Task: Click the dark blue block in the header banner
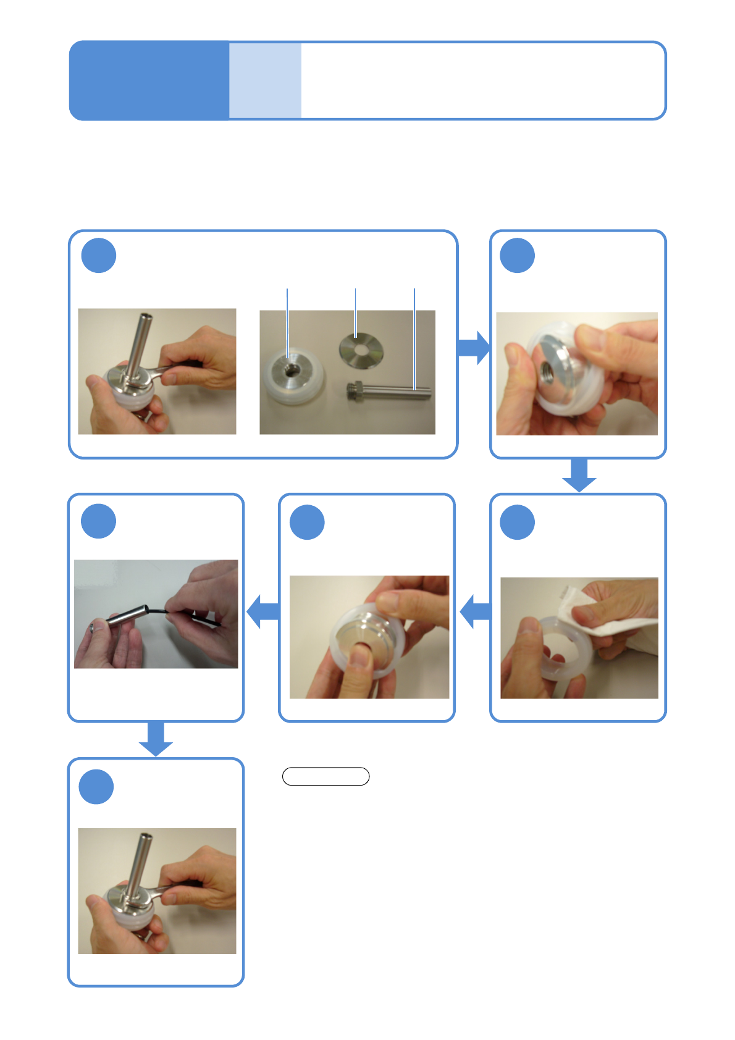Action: pyautogui.click(x=149, y=80)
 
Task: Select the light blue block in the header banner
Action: pyautogui.click(x=265, y=80)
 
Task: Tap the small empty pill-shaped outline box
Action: pyautogui.click(x=325, y=776)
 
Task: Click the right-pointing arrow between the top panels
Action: pyautogui.click(x=474, y=347)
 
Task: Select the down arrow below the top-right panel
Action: pyautogui.click(x=579, y=476)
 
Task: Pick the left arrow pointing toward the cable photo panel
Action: pyautogui.click(x=263, y=611)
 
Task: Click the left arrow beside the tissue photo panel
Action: pyautogui.click(x=476, y=611)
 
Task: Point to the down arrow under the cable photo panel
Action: pyautogui.click(x=156, y=739)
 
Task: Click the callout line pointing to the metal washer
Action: pyautogui.click(x=356, y=312)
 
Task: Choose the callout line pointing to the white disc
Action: pyautogui.click(x=287, y=321)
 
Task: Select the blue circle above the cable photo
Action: pyautogui.click(x=99, y=521)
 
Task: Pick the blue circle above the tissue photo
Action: pyautogui.click(x=518, y=522)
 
